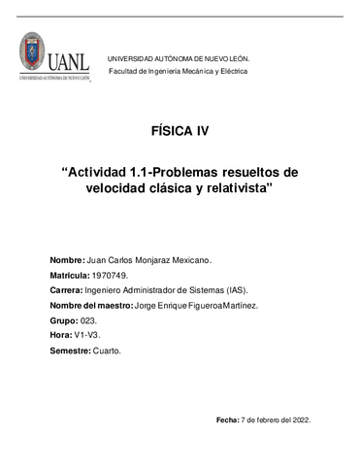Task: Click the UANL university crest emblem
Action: tap(32, 53)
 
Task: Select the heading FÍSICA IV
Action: tap(180, 131)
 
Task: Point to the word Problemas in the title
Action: tap(191, 172)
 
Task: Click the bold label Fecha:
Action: tap(227, 419)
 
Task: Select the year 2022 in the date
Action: tap(299, 419)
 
